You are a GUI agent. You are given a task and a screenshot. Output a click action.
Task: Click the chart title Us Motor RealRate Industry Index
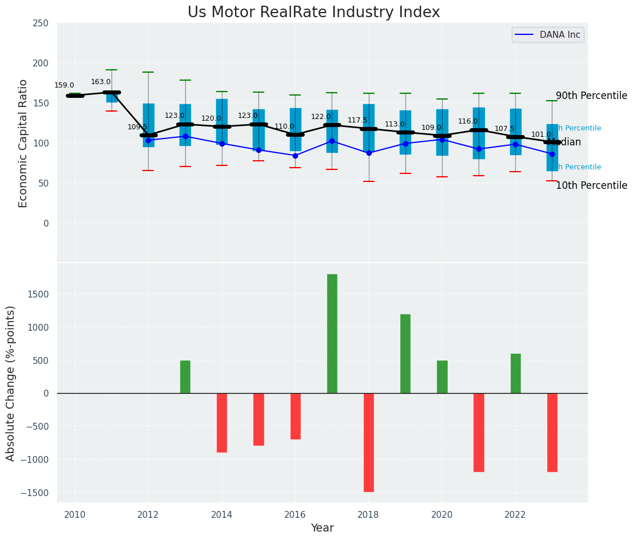[313, 13]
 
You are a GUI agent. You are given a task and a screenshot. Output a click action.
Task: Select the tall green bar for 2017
[332, 334]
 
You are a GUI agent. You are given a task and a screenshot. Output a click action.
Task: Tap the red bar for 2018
[369, 442]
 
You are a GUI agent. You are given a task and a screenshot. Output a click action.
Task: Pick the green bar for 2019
[405, 354]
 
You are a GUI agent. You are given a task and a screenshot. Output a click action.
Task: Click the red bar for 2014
[222, 423]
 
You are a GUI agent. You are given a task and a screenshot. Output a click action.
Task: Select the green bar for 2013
[185, 376]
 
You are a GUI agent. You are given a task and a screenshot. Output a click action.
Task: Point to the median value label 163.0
[101, 82]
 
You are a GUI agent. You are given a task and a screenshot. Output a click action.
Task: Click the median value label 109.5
[137, 127]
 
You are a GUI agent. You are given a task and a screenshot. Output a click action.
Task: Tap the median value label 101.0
[541, 134]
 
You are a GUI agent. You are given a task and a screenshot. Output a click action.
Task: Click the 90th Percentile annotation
[591, 96]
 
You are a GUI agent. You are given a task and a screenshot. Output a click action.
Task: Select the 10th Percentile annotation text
[591, 186]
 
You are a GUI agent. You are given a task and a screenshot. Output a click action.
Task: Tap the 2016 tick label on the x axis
[295, 515]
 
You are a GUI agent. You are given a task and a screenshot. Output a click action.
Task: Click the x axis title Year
[323, 528]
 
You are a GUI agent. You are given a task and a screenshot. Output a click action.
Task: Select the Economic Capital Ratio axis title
[23, 143]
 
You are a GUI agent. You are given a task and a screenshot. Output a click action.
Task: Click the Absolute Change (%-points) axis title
[11, 383]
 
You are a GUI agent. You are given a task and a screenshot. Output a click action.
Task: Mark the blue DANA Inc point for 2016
[295, 156]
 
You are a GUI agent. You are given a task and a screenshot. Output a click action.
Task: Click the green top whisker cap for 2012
[148, 72]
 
